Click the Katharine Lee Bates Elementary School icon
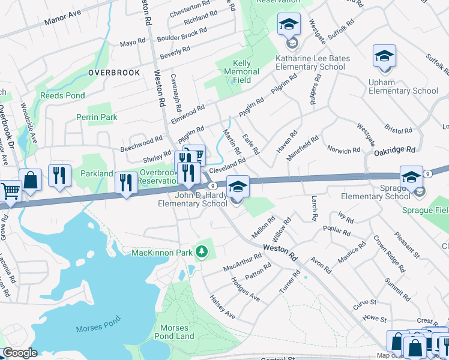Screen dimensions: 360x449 coord(289,25)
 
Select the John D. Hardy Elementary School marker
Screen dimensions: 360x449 coord(238,187)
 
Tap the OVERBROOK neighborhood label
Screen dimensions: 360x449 coord(114,73)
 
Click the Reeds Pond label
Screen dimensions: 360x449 coord(62,95)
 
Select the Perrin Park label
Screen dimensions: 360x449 coord(97,118)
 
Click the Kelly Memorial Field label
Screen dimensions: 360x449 coord(246,71)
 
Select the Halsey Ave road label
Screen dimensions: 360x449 coord(222,307)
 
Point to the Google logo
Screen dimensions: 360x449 coord(20,353)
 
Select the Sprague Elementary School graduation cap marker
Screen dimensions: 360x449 coord(412,178)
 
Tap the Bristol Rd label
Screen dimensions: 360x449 coord(399,130)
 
